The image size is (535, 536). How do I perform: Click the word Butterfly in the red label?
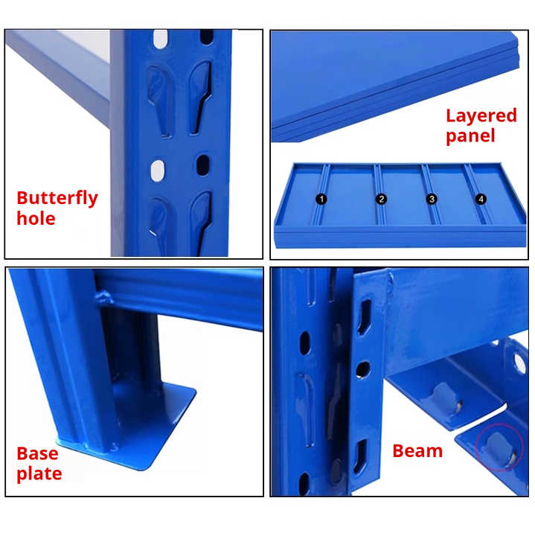coord(57,198)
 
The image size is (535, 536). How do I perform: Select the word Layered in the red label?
coord(481,115)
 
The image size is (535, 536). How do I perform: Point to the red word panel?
coord(470,136)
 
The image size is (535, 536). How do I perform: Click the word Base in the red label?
coord(37,453)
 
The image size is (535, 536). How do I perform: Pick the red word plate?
coord(39,474)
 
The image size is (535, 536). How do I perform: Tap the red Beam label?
coord(417,451)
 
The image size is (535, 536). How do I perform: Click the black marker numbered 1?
coord(321,199)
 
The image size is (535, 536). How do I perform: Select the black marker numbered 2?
coord(382,199)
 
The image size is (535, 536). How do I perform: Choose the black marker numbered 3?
coord(431,199)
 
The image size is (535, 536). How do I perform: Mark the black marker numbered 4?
coord(481,199)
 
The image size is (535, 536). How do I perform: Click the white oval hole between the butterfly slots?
coord(158,170)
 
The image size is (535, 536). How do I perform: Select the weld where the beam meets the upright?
coord(104,299)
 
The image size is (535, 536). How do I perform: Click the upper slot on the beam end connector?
coord(364,317)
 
